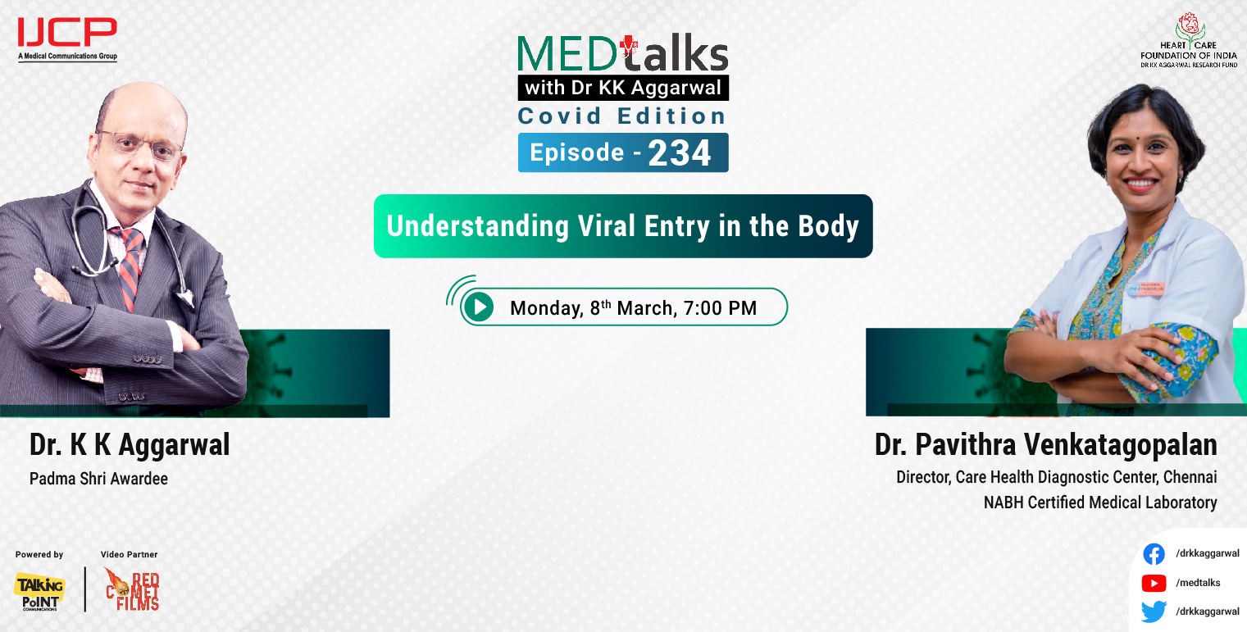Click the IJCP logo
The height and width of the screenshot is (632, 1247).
tap(67, 38)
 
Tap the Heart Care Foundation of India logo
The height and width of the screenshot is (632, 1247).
tap(1188, 40)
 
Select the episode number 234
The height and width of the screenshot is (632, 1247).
tap(680, 153)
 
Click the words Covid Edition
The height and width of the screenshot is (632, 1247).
tap(622, 116)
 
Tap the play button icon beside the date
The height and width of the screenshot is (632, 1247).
tap(478, 307)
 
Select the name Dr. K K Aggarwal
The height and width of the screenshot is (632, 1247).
tap(130, 445)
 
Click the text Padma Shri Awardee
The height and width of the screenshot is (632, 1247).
tap(98, 479)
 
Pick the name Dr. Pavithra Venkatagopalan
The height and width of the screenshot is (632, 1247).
tap(1045, 445)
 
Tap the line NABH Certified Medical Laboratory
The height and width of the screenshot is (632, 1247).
tap(1099, 502)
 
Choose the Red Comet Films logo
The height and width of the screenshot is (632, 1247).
tap(132, 589)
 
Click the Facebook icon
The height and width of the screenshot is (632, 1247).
tap(1154, 554)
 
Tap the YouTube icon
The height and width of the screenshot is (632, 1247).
tap(1154, 583)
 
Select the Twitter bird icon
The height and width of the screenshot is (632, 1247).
tap(1154, 612)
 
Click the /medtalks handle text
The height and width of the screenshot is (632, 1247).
tap(1198, 583)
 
